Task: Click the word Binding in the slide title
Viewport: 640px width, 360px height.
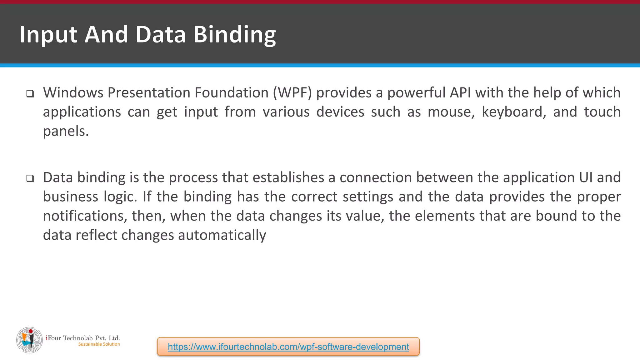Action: pos(235,35)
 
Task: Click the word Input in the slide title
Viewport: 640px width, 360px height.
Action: pos(48,35)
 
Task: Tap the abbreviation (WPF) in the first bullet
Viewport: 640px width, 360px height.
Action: pos(292,93)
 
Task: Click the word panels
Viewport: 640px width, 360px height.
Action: pos(66,131)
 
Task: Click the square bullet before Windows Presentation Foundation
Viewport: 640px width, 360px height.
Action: pos(30,94)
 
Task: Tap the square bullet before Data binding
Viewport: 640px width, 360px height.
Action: pos(30,179)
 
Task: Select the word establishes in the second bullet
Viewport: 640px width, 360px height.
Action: pos(288,177)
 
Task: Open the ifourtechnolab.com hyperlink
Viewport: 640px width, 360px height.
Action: pos(288,347)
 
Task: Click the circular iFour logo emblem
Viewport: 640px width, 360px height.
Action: pos(29,340)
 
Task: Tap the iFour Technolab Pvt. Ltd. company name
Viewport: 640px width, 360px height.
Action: pos(83,338)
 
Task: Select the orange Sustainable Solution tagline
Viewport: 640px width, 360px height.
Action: pos(99,344)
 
